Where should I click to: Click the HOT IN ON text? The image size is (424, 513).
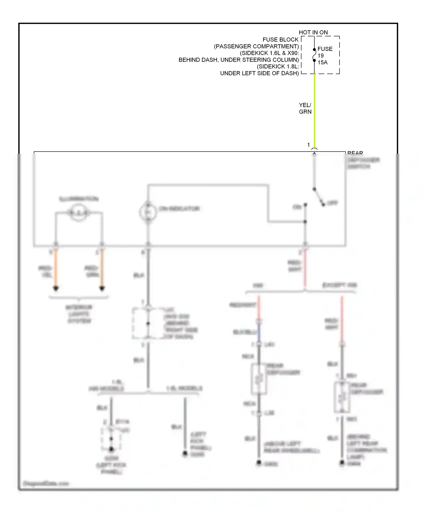click(313, 32)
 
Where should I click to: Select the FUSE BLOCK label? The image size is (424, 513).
click(280, 40)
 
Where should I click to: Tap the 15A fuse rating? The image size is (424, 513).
click(323, 62)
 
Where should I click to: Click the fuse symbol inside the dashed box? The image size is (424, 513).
click(314, 55)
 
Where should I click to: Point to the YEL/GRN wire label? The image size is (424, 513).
click(305, 108)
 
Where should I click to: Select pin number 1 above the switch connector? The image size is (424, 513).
click(309, 145)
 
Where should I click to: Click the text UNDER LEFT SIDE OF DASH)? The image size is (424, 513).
click(259, 73)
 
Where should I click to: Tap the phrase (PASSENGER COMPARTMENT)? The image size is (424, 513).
click(256, 46)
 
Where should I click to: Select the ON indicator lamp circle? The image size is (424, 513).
click(148, 212)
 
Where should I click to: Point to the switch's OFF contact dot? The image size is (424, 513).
click(323, 205)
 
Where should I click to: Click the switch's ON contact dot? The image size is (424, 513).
click(305, 204)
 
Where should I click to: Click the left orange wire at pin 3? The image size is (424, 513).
click(56, 269)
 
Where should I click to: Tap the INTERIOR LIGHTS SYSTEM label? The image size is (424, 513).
click(79, 314)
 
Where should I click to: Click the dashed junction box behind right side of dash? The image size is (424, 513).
click(148, 324)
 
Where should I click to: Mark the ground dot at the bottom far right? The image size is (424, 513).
click(342, 463)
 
